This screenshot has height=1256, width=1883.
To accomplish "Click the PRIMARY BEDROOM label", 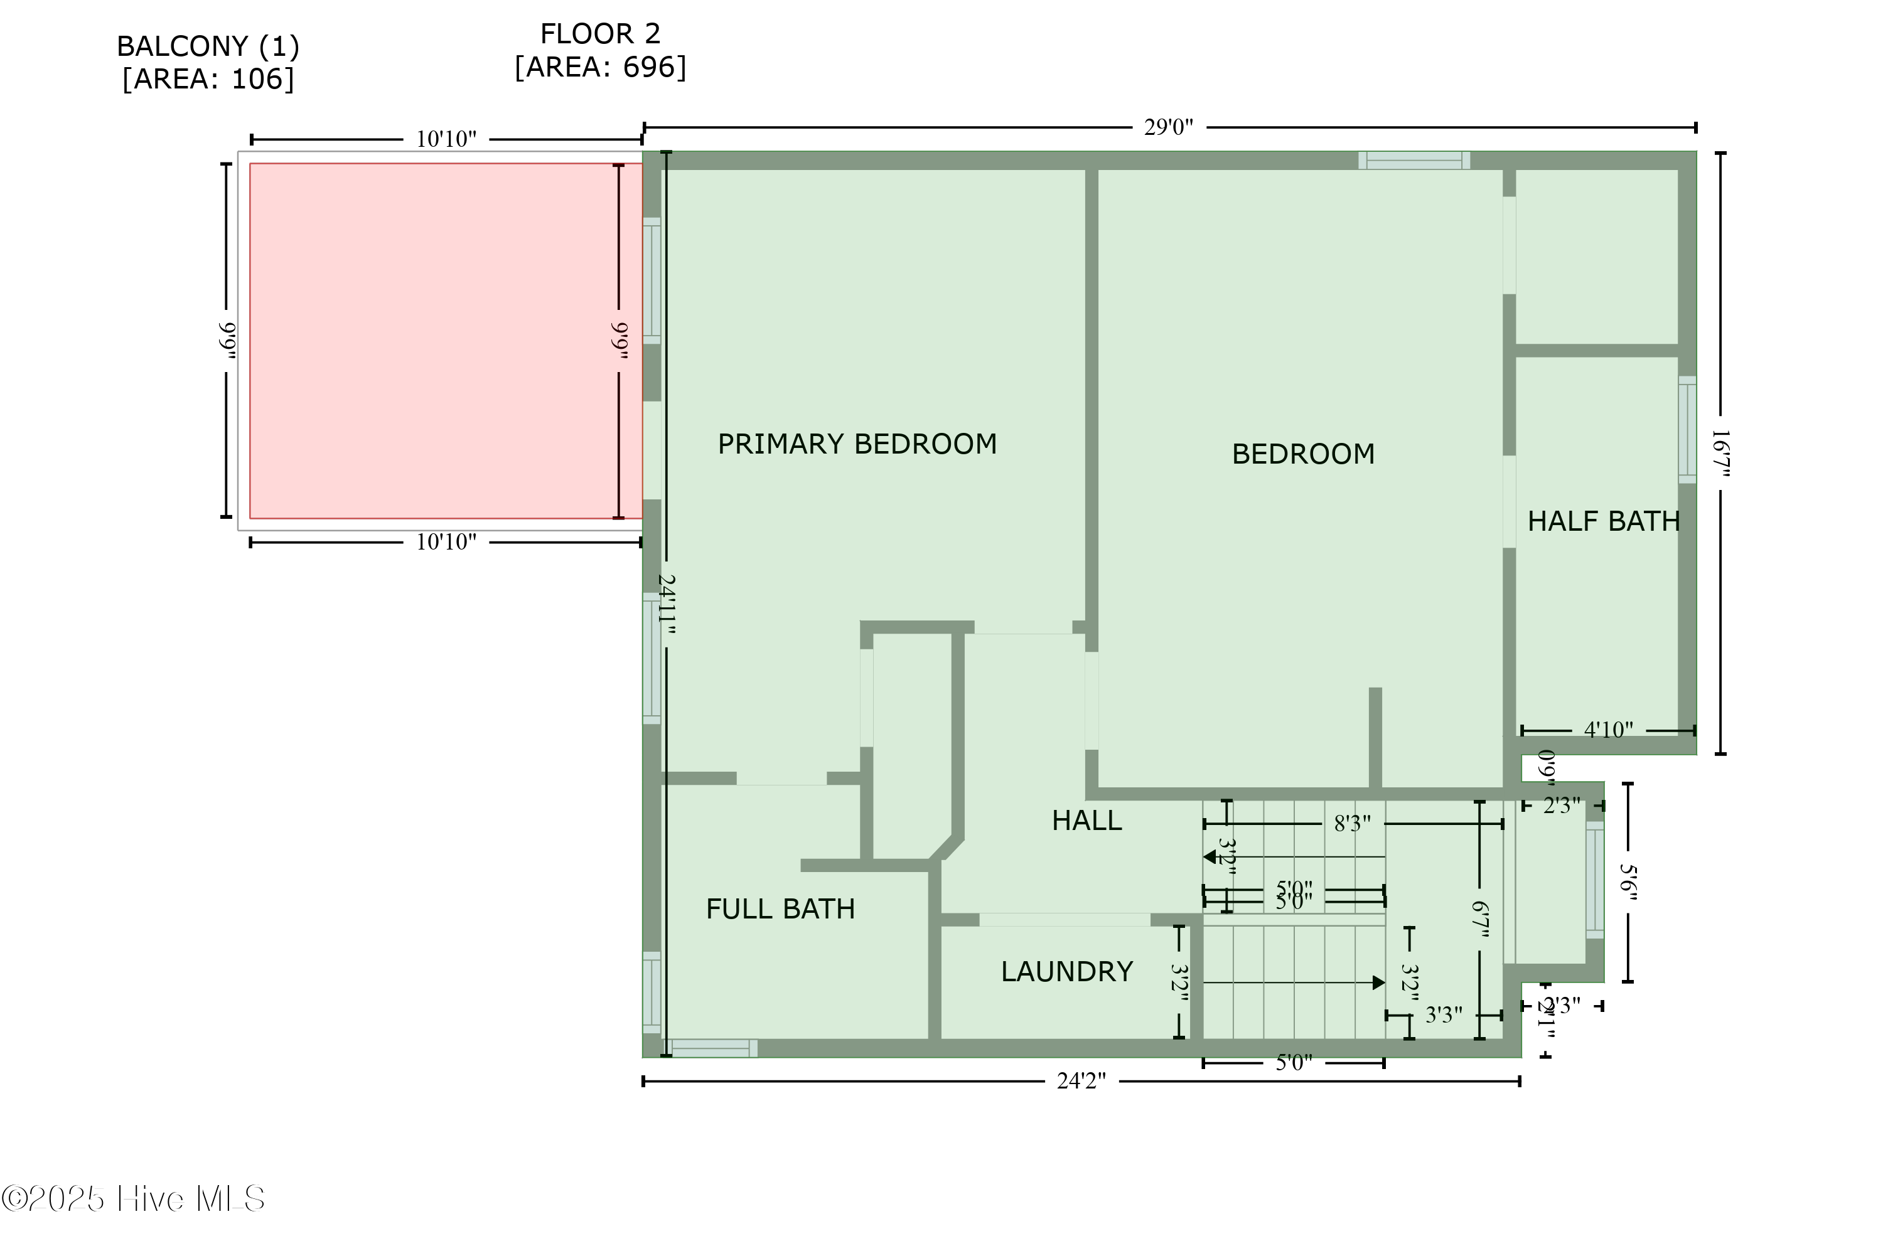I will pos(857,444).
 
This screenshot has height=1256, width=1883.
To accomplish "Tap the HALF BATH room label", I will pos(1602,521).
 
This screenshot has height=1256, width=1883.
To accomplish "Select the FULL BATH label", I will pos(780,909).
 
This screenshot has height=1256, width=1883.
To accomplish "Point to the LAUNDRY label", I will pos(1066,972).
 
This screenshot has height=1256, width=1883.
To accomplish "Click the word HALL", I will pos(1086,820).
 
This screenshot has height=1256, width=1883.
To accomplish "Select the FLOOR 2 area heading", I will pos(600,50).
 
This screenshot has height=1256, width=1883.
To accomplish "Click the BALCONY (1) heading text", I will pos(208,63).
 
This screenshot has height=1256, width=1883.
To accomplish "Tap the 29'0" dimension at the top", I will pos(1167,127).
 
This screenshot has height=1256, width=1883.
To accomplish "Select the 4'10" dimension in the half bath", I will pos(1607,730).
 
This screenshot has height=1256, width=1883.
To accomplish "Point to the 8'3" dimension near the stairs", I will pos(1352,824).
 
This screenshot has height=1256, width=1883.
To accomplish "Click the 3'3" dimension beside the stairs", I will pos(1443,1015).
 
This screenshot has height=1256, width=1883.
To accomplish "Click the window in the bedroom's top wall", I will pos(1414,160).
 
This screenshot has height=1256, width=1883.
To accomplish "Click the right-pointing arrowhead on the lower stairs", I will pos(1378,983).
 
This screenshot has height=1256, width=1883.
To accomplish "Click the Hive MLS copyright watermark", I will pos(133,1199).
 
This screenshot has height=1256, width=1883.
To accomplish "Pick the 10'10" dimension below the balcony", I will pos(446,542).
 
